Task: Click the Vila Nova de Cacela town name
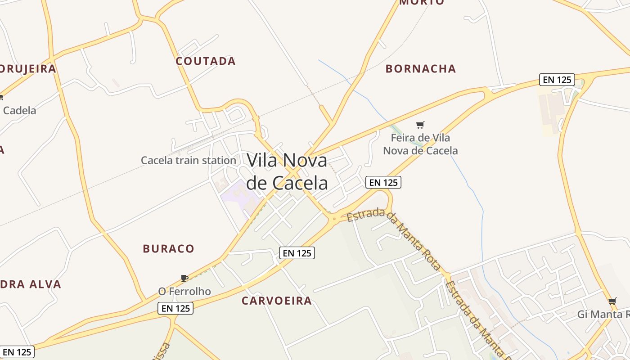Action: click(287, 171)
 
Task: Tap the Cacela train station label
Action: click(189, 160)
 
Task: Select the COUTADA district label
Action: click(206, 61)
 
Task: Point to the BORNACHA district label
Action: click(421, 69)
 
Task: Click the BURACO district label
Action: click(169, 248)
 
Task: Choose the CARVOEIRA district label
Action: click(277, 301)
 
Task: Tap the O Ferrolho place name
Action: click(184, 291)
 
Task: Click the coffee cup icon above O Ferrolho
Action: click(184, 278)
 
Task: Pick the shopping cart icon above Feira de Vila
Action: click(420, 125)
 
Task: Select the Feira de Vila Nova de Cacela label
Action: click(420, 144)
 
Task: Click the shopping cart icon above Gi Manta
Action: click(612, 301)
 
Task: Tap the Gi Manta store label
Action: click(603, 314)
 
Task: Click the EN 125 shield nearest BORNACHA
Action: click(557, 80)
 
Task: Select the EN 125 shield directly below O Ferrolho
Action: click(175, 308)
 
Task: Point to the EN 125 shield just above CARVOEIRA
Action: click(297, 253)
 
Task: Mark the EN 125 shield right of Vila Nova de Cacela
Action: click(383, 182)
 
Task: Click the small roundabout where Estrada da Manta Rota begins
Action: click(334, 219)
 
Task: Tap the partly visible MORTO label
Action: click(422, 2)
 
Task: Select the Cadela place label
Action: click(19, 110)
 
